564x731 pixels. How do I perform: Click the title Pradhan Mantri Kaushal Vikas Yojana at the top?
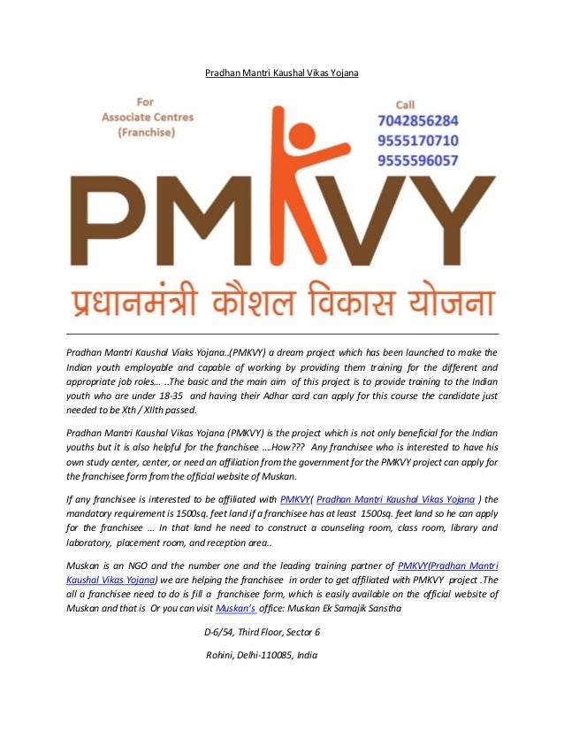click(x=282, y=71)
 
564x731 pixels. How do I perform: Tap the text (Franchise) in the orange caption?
click(x=146, y=132)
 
